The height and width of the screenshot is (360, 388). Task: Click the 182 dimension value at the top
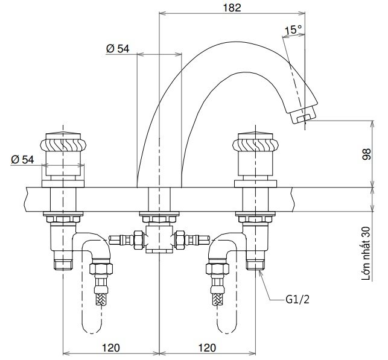point(231,8)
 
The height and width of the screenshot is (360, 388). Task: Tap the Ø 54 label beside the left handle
point(23,159)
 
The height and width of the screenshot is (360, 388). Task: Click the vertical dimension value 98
point(366,154)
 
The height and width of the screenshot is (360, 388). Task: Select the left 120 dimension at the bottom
point(111,347)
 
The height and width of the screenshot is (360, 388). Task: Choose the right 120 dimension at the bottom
point(206,347)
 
